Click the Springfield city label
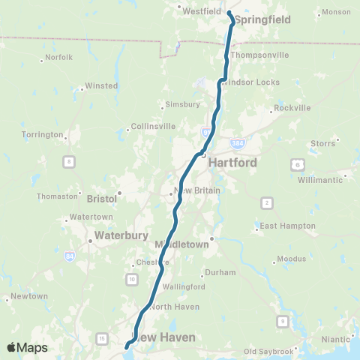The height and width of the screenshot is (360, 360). point(257,21)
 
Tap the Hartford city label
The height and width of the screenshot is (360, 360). point(232,162)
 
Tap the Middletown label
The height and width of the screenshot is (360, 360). point(181,245)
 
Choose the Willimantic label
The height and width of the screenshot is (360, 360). point(319,180)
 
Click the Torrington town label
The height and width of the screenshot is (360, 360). point(43,135)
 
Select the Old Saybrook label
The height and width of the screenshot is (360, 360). point(266,351)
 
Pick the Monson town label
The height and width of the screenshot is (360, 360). point(334,13)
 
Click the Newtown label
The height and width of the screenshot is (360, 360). point(29,296)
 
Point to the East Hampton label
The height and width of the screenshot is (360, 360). point(283,226)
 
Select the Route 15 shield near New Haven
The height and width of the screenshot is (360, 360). point(101,339)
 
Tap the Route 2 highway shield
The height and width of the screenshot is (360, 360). point(266,202)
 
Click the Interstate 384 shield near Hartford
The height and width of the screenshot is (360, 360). point(238,142)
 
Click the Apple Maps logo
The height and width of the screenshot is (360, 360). point(27,347)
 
